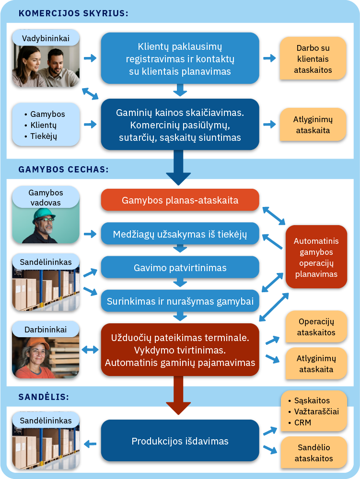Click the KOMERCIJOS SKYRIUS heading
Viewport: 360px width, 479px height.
click(73, 13)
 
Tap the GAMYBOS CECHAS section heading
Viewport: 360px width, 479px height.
click(63, 169)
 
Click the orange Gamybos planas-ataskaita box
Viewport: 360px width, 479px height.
click(180, 200)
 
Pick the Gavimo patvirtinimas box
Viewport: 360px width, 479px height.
click(180, 267)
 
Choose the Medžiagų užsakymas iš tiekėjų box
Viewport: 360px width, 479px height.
click(180, 234)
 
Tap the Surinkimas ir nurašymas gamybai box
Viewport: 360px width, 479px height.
click(180, 301)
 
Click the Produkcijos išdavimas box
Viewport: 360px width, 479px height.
click(180, 441)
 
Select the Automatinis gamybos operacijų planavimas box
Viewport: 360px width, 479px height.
click(316, 257)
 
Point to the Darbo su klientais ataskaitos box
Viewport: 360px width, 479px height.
click(313, 59)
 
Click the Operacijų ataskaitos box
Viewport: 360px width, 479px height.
click(316, 327)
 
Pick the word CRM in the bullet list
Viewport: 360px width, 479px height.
click(303, 422)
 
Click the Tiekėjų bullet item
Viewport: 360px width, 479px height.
click(44, 136)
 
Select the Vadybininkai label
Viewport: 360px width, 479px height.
click(46, 37)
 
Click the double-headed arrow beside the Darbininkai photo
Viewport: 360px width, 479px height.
click(90, 350)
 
